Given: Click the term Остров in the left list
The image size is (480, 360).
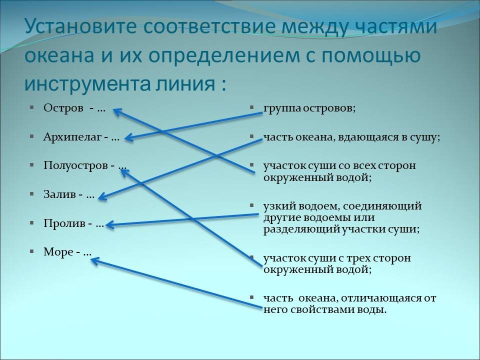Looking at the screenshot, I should tap(63, 107).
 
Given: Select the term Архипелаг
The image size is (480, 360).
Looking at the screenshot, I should tap(73, 136).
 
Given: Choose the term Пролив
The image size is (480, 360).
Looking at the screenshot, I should tap(65, 223).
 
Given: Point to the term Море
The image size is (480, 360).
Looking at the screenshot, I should tap(58, 252).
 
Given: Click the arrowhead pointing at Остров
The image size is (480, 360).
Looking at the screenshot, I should tap(116, 111).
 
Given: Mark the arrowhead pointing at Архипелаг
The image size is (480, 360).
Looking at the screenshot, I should tap(128, 137).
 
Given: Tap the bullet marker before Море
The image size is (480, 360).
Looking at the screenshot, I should tap(31, 251).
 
